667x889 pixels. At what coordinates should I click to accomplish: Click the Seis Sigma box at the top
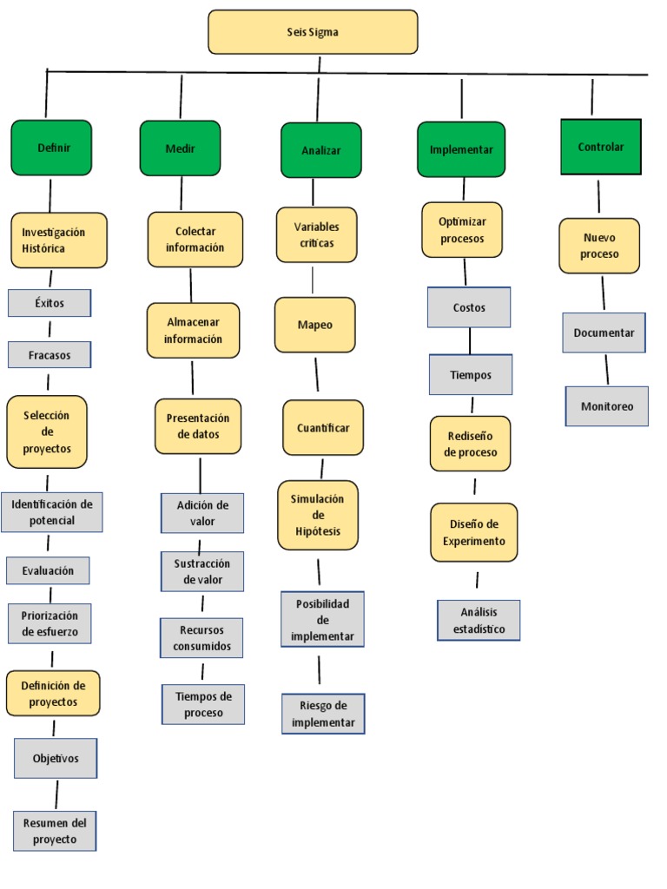(313, 32)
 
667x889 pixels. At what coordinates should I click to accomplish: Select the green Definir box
(51, 148)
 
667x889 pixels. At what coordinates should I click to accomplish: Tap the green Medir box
(180, 148)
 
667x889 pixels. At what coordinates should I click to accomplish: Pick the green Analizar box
(320, 150)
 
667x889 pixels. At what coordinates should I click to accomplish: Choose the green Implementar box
(461, 149)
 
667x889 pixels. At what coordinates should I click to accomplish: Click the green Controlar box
(601, 147)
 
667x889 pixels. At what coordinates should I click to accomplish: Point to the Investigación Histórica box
(59, 240)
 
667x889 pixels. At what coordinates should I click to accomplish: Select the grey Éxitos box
(50, 303)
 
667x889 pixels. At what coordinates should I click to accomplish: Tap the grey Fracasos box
(50, 355)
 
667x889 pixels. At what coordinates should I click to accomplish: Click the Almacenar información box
(193, 331)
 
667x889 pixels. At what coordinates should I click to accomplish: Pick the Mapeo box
(314, 325)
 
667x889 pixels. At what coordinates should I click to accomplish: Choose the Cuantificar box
(323, 428)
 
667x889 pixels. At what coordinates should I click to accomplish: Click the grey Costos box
(469, 307)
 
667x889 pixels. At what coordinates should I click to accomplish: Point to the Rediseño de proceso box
(471, 444)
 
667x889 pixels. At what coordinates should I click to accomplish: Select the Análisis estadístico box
(478, 620)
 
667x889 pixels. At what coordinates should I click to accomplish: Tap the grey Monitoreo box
(607, 405)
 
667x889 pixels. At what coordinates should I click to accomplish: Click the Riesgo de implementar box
(323, 714)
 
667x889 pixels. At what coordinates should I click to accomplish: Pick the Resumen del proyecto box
(54, 830)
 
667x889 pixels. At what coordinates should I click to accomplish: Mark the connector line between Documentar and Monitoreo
(606, 369)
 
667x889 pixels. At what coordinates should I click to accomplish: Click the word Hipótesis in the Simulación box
(318, 531)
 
